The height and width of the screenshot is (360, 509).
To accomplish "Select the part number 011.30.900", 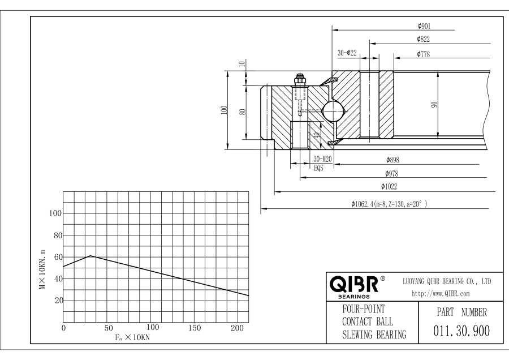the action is pos(461,331).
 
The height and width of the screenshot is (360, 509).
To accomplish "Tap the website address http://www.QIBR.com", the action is pos(440,294).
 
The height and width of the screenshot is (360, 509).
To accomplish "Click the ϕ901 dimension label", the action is pos(424,26).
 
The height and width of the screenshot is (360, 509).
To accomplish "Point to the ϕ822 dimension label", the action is pos(423,39).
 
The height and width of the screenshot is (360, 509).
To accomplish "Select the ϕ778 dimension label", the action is pos(423,54).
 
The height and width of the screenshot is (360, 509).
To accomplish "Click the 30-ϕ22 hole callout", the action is pos(347,53).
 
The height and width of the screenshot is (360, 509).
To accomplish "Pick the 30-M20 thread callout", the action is pos(322,159).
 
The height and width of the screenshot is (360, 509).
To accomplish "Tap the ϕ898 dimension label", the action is pos(392,160).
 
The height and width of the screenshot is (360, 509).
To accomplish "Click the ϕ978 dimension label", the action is pos(391,174).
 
